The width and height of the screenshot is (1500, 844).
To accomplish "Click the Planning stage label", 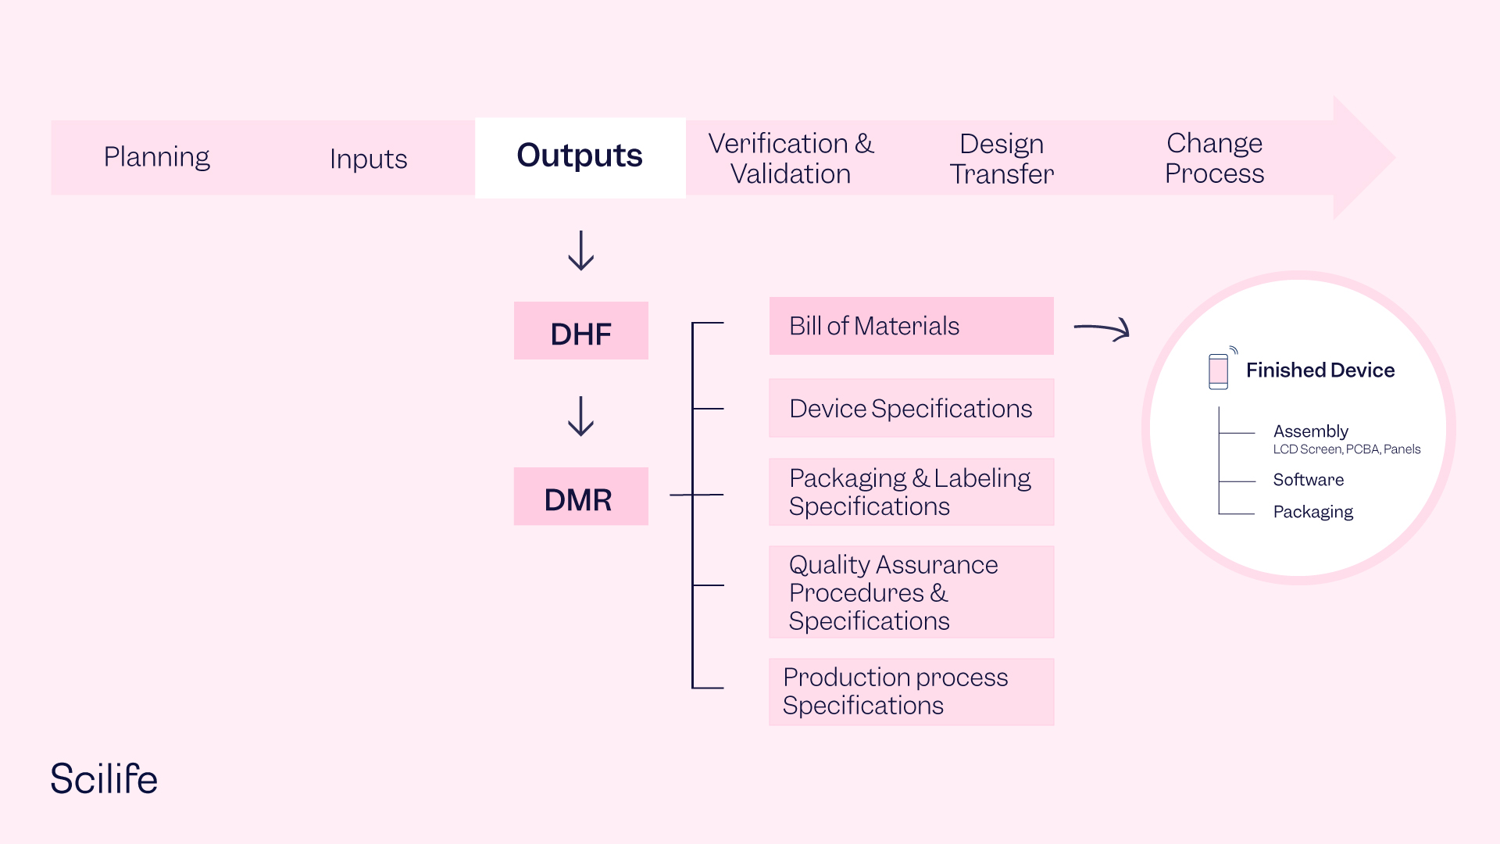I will tap(156, 157).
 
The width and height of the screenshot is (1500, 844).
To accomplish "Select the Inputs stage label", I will tap(368, 159).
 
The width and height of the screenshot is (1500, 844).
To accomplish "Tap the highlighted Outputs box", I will tap(580, 157).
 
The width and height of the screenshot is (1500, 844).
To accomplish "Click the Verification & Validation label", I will tap(791, 159).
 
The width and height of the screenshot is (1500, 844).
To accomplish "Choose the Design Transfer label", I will tap(1002, 159).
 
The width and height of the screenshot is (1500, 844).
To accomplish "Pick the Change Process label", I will tap(1214, 158).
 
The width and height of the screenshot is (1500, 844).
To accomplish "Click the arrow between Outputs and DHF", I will tap(580, 251).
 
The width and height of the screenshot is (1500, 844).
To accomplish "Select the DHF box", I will tap(580, 331).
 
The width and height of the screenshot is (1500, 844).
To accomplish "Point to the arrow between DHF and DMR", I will tap(580, 416).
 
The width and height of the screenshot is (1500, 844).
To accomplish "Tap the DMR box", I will tap(580, 497).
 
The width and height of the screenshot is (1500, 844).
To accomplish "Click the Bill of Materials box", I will tap(911, 326).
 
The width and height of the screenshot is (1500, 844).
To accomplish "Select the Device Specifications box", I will tap(911, 409).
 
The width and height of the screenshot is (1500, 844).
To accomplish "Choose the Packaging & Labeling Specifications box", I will tap(911, 492).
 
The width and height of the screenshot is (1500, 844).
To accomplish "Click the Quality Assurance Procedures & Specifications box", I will tap(911, 592).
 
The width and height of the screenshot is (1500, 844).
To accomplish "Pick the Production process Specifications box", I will tap(911, 692).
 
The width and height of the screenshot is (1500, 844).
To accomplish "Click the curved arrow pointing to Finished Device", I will tap(1102, 329).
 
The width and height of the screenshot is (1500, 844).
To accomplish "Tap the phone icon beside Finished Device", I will tap(1219, 370).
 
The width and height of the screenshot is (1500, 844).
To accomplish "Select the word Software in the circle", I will tap(1309, 480).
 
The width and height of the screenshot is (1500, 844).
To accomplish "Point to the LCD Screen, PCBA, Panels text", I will tap(1346, 449).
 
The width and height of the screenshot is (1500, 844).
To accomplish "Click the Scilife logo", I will tap(104, 779).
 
